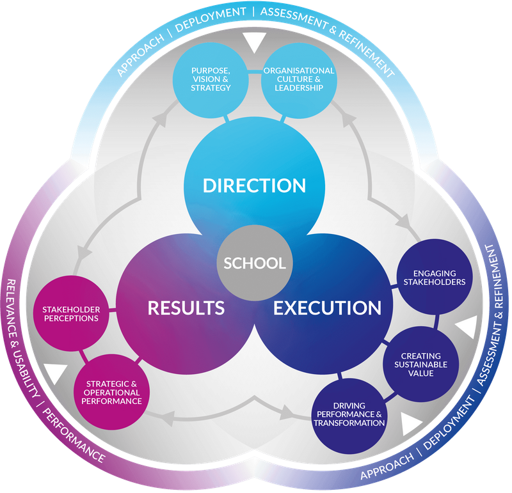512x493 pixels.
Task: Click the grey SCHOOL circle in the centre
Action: click(x=255, y=263)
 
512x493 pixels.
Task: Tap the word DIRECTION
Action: click(x=254, y=185)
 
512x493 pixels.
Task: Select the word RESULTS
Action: click(x=186, y=308)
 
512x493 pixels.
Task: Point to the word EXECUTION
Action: click(x=327, y=308)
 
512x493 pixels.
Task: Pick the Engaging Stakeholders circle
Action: click(x=435, y=278)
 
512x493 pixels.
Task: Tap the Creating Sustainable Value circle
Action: click(x=421, y=364)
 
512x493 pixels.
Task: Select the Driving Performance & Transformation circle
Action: click(x=349, y=416)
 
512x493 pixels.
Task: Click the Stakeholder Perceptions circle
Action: click(x=72, y=313)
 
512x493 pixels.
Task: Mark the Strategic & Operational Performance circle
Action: click(x=111, y=392)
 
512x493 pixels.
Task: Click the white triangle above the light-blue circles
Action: click(x=255, y=42)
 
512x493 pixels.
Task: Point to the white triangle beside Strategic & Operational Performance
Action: click(x=55, y=373)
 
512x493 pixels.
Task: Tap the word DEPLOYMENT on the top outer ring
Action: click(x=211, y=20)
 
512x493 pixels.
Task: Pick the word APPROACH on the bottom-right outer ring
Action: click(x=387, y=467)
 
